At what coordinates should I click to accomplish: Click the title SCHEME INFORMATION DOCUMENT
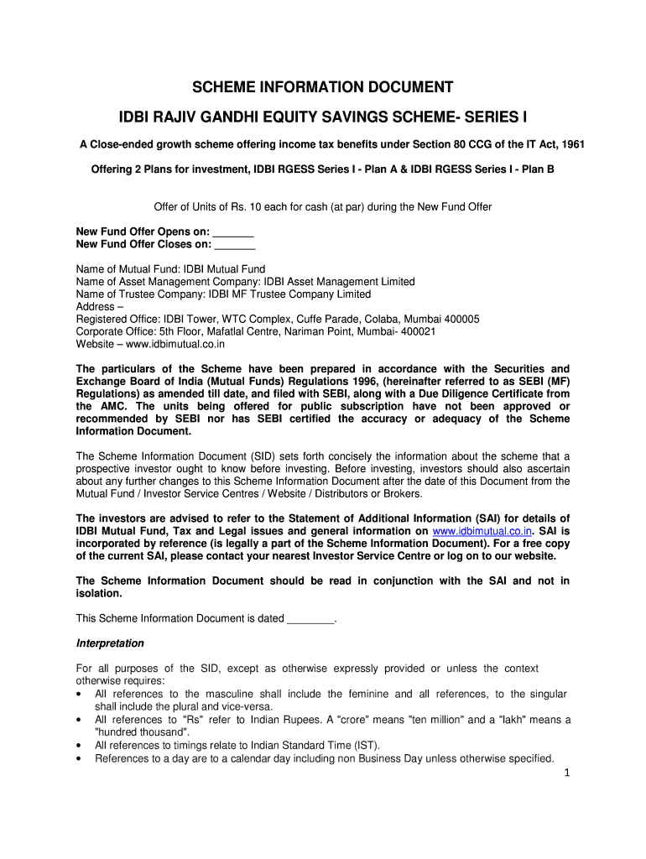[323, 87]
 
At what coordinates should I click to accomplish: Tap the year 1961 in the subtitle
[570, 145]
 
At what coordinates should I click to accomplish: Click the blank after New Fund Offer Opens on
[234, 232]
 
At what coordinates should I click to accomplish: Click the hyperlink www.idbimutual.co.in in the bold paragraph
[482, 531]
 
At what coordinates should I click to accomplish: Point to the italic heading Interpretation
[110, 643]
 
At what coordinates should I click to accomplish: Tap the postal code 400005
[456, 320]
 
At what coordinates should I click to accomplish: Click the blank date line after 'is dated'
[310, 618]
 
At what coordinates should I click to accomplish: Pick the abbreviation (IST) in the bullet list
[366, 745]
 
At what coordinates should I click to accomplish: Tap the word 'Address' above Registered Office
[96, 307]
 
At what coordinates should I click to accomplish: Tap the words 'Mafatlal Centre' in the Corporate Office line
[252, 331]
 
